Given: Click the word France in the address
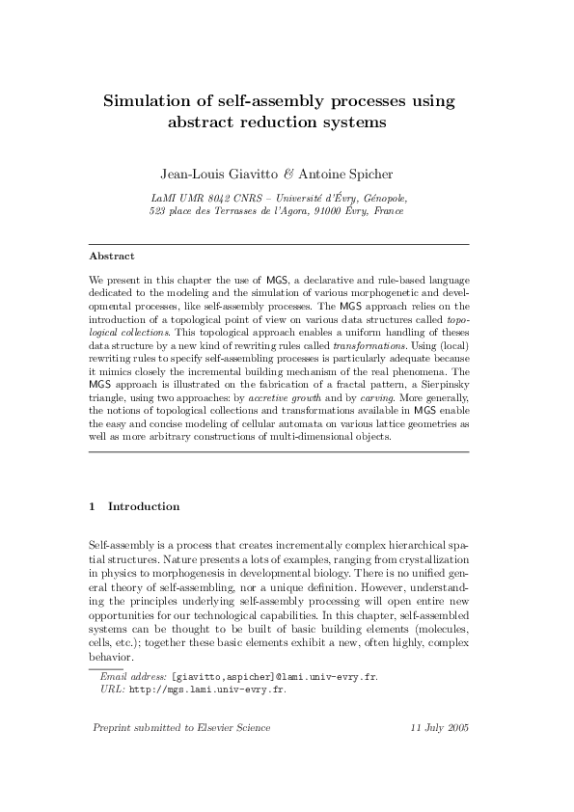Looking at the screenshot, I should pos(389,209).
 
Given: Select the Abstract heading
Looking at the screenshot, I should pos(111,257).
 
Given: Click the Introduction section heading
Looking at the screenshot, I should pos(143,506).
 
